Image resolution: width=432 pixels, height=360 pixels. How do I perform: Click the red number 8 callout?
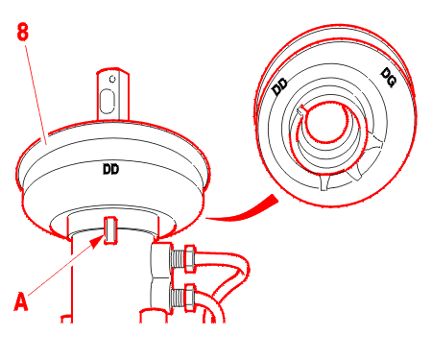click(23, 32)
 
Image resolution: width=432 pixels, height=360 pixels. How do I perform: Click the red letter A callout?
click(21, 301)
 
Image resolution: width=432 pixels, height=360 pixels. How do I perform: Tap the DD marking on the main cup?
click(110, 169)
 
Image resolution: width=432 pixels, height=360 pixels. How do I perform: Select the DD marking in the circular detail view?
click(280, 86)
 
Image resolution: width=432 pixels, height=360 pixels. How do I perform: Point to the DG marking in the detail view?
click(389, 77)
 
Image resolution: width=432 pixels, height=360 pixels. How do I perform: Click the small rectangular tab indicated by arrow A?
click(110, 230)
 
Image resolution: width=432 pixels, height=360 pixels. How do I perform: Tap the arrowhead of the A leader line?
click(98, 242)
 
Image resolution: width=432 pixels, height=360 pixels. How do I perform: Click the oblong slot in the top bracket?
click(107, 101)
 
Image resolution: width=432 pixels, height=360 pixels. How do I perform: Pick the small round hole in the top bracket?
click(112, 79)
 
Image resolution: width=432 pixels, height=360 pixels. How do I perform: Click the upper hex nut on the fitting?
click(190, 259)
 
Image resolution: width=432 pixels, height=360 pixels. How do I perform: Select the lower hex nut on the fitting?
click(190, 298)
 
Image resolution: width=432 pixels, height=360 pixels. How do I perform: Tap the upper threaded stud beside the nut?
click(179, 259)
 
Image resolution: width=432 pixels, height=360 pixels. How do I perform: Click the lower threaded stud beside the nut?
click(179, 298)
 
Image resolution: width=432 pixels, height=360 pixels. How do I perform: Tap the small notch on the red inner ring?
click(301, 111)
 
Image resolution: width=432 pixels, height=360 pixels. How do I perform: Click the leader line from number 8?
click(36, 94)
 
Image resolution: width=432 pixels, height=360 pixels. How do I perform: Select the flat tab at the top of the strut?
click(113, 94)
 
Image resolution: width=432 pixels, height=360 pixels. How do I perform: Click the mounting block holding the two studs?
click(162, 276)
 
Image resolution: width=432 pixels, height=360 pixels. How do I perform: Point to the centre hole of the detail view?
click(326, 122)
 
